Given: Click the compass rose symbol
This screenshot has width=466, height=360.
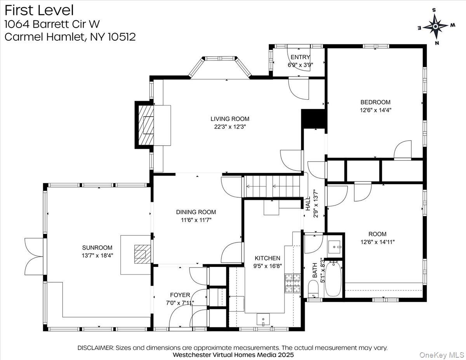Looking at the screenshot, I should coord(435,26).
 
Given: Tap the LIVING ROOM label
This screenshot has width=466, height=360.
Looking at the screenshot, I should coord(230,119).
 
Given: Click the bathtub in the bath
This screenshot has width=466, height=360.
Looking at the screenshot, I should coord(333,279).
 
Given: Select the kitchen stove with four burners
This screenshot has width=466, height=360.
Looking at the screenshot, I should coord(293,283).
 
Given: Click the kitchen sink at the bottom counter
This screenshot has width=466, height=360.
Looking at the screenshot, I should coord(263,319).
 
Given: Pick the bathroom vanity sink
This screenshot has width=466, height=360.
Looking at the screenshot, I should coord(334,246).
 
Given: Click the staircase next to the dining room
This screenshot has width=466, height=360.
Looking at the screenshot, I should coord(273,186).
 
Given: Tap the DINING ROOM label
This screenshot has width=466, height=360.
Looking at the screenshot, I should coord(196,212).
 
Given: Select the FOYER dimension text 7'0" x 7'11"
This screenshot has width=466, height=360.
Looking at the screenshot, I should coord(179,303).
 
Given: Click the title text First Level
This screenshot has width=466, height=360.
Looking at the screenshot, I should coord(39,10).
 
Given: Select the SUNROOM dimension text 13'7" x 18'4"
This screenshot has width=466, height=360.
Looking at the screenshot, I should coord(97,255).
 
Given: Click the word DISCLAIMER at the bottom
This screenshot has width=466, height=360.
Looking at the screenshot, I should coord(95,348).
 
